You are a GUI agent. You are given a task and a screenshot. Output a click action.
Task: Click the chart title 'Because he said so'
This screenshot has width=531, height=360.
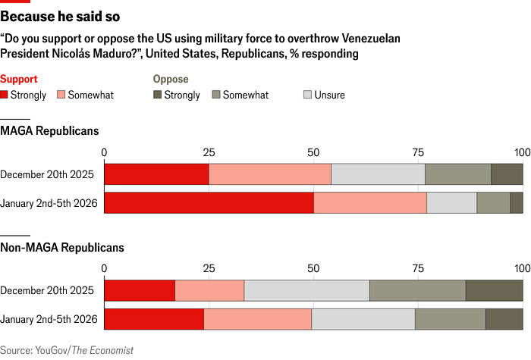pyautogui.click(x=59, y=16)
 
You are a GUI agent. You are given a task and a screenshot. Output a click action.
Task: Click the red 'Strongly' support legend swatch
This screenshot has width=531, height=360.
pyautogui.click(x=5, y=95)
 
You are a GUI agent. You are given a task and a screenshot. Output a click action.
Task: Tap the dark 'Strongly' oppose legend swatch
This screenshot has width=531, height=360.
pyautogui.click(x=158, y=95)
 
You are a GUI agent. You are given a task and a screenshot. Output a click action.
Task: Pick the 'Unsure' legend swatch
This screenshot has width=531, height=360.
pyautogui.click(x=308, y=95)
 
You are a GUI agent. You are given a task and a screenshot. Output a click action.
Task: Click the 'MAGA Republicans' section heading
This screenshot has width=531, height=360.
pyautogui.click(x=49, y=131)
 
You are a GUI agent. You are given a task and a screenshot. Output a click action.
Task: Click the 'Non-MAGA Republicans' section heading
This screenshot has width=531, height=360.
pyautogui.click(x=62, y=247)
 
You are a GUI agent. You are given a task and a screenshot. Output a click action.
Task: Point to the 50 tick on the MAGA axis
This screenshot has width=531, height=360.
pyautogui.click(x=313, y=152)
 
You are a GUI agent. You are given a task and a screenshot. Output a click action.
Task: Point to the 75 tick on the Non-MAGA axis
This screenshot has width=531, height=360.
pyautogui.click(x=418, y=268)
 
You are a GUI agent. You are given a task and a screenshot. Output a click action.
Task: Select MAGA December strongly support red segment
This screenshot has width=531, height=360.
pyautogui.click(x=156, y=174)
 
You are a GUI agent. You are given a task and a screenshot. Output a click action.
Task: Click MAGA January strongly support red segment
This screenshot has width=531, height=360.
pyautogui.click(x=209, y=203)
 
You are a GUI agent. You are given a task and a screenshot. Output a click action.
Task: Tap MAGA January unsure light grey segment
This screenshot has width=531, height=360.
pyautogui.click(x=451, y=203)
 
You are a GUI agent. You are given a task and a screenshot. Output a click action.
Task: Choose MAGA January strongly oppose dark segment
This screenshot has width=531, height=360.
pyautogui.click(x=517, y=203)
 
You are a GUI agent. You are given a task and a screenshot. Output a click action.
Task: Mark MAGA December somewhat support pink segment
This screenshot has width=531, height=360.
pyautogui.click(x=270, y=174)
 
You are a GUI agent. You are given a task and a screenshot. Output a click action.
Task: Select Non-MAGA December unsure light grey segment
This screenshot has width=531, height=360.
pyautogui.click(x=306, y=290)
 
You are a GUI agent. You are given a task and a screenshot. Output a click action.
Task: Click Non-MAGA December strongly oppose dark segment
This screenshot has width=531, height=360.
pyautogui.click(x=494, y=290)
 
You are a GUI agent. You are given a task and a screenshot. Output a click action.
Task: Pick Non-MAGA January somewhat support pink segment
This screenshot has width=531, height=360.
pyautogui.click(x=257, y=319)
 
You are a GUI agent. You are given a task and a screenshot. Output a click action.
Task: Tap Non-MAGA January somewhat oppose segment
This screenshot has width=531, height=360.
pyautogui.click(x=450, y=319)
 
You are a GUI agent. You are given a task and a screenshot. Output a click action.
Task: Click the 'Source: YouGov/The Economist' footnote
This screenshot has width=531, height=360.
pyautogui.click(x=67, y=350)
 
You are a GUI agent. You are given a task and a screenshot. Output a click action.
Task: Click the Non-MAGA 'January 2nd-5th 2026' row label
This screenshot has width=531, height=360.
pyautogui.click(x=49, y=319)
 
